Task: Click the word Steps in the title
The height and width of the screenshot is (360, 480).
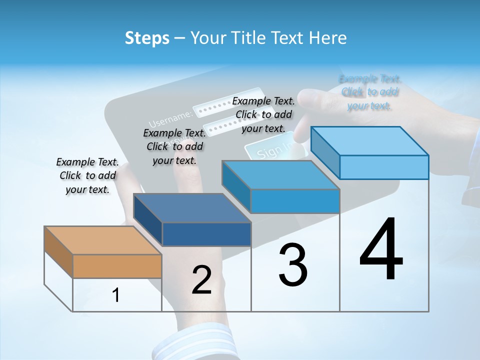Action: pos(147,38)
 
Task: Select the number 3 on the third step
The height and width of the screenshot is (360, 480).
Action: pos(293,265)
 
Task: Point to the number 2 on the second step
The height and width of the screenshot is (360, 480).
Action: pos(201,280)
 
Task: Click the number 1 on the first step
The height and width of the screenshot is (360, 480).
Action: pos(116,295)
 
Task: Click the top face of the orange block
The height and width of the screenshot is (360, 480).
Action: pos(102,240)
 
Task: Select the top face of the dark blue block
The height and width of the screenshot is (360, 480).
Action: pos(192,208)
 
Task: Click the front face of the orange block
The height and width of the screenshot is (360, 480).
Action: pos(117,266)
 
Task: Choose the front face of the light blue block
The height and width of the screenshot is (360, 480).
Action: pos(384,167)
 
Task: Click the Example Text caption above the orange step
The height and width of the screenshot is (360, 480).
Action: pos(87,175)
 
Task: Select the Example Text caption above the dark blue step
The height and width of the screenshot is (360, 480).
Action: pos(174,146)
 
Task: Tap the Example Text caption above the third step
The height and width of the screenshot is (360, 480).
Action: pos(263,114)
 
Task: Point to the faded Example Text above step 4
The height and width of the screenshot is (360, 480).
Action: pos(369,92)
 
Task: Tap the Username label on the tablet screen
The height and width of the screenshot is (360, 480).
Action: pos(170,118)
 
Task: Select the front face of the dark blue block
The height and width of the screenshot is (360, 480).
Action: pos(206,234)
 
